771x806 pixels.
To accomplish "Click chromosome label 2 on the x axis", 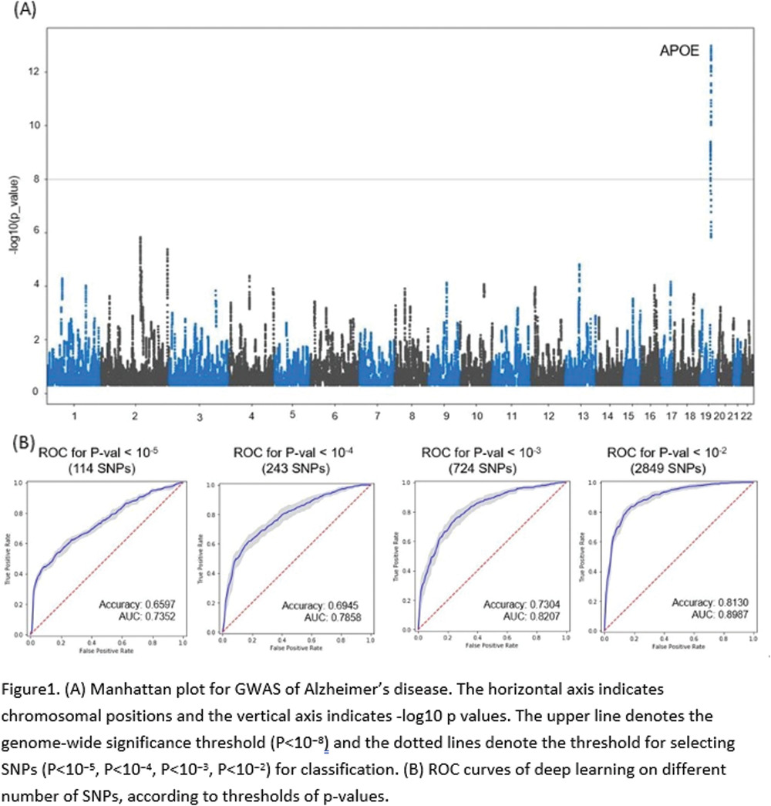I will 136,416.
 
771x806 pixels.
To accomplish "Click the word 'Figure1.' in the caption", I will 27,686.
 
